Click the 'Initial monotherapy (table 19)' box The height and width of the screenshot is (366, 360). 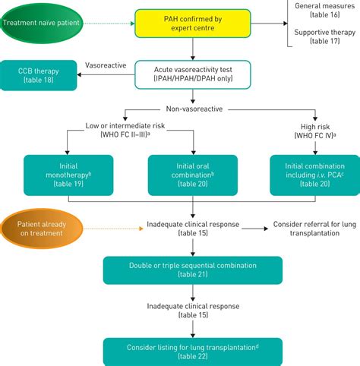(x=68, y=178)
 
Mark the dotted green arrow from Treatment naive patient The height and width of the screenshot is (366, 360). (x=111, y=22)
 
